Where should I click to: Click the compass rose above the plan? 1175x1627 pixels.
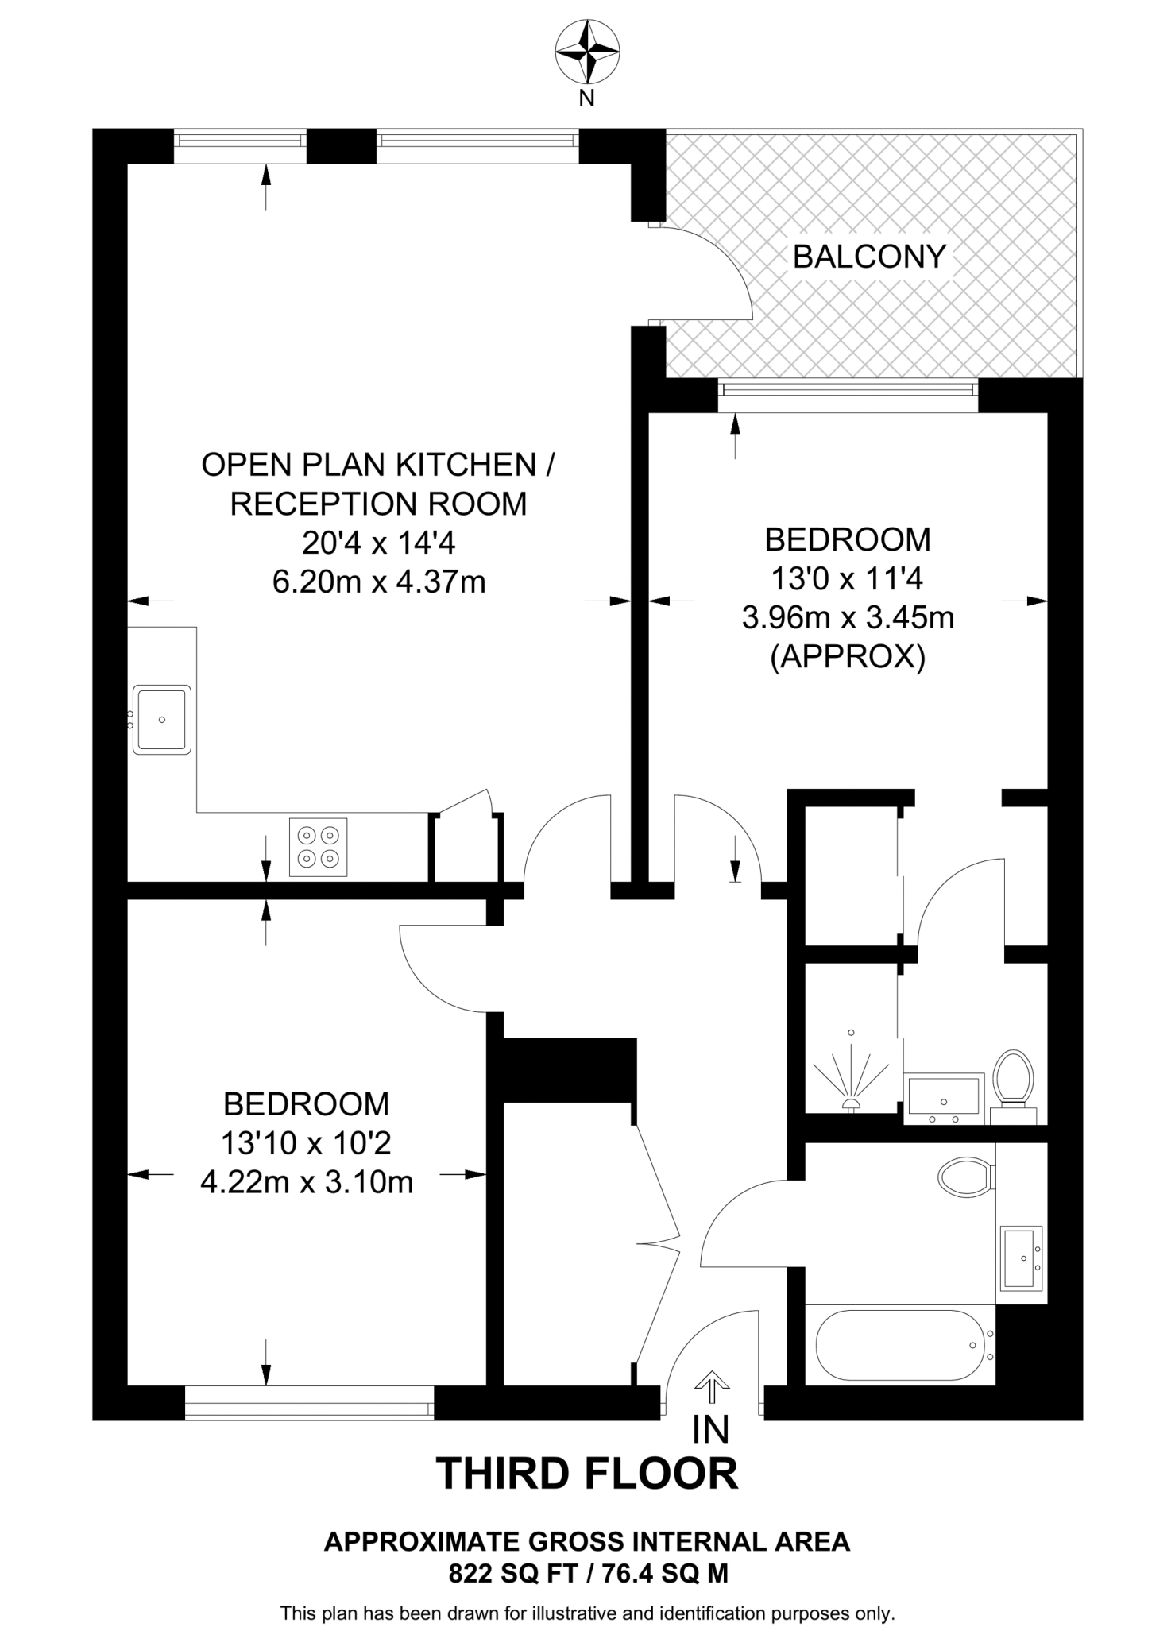click(587, 52)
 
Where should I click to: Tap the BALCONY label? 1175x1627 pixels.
click(869, 257)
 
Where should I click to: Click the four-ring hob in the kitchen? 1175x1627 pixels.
click(318, 847)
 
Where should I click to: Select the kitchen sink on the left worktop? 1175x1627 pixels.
click(162, 720)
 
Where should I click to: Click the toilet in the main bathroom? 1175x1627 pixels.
click(965, 1176)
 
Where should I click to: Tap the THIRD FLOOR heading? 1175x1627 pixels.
click(587, 1474)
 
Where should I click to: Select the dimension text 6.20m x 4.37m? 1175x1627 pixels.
click(379, 582)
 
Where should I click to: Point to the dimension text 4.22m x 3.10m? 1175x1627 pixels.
click(307, 1183)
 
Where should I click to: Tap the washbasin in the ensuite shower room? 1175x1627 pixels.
click(944, 1097)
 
